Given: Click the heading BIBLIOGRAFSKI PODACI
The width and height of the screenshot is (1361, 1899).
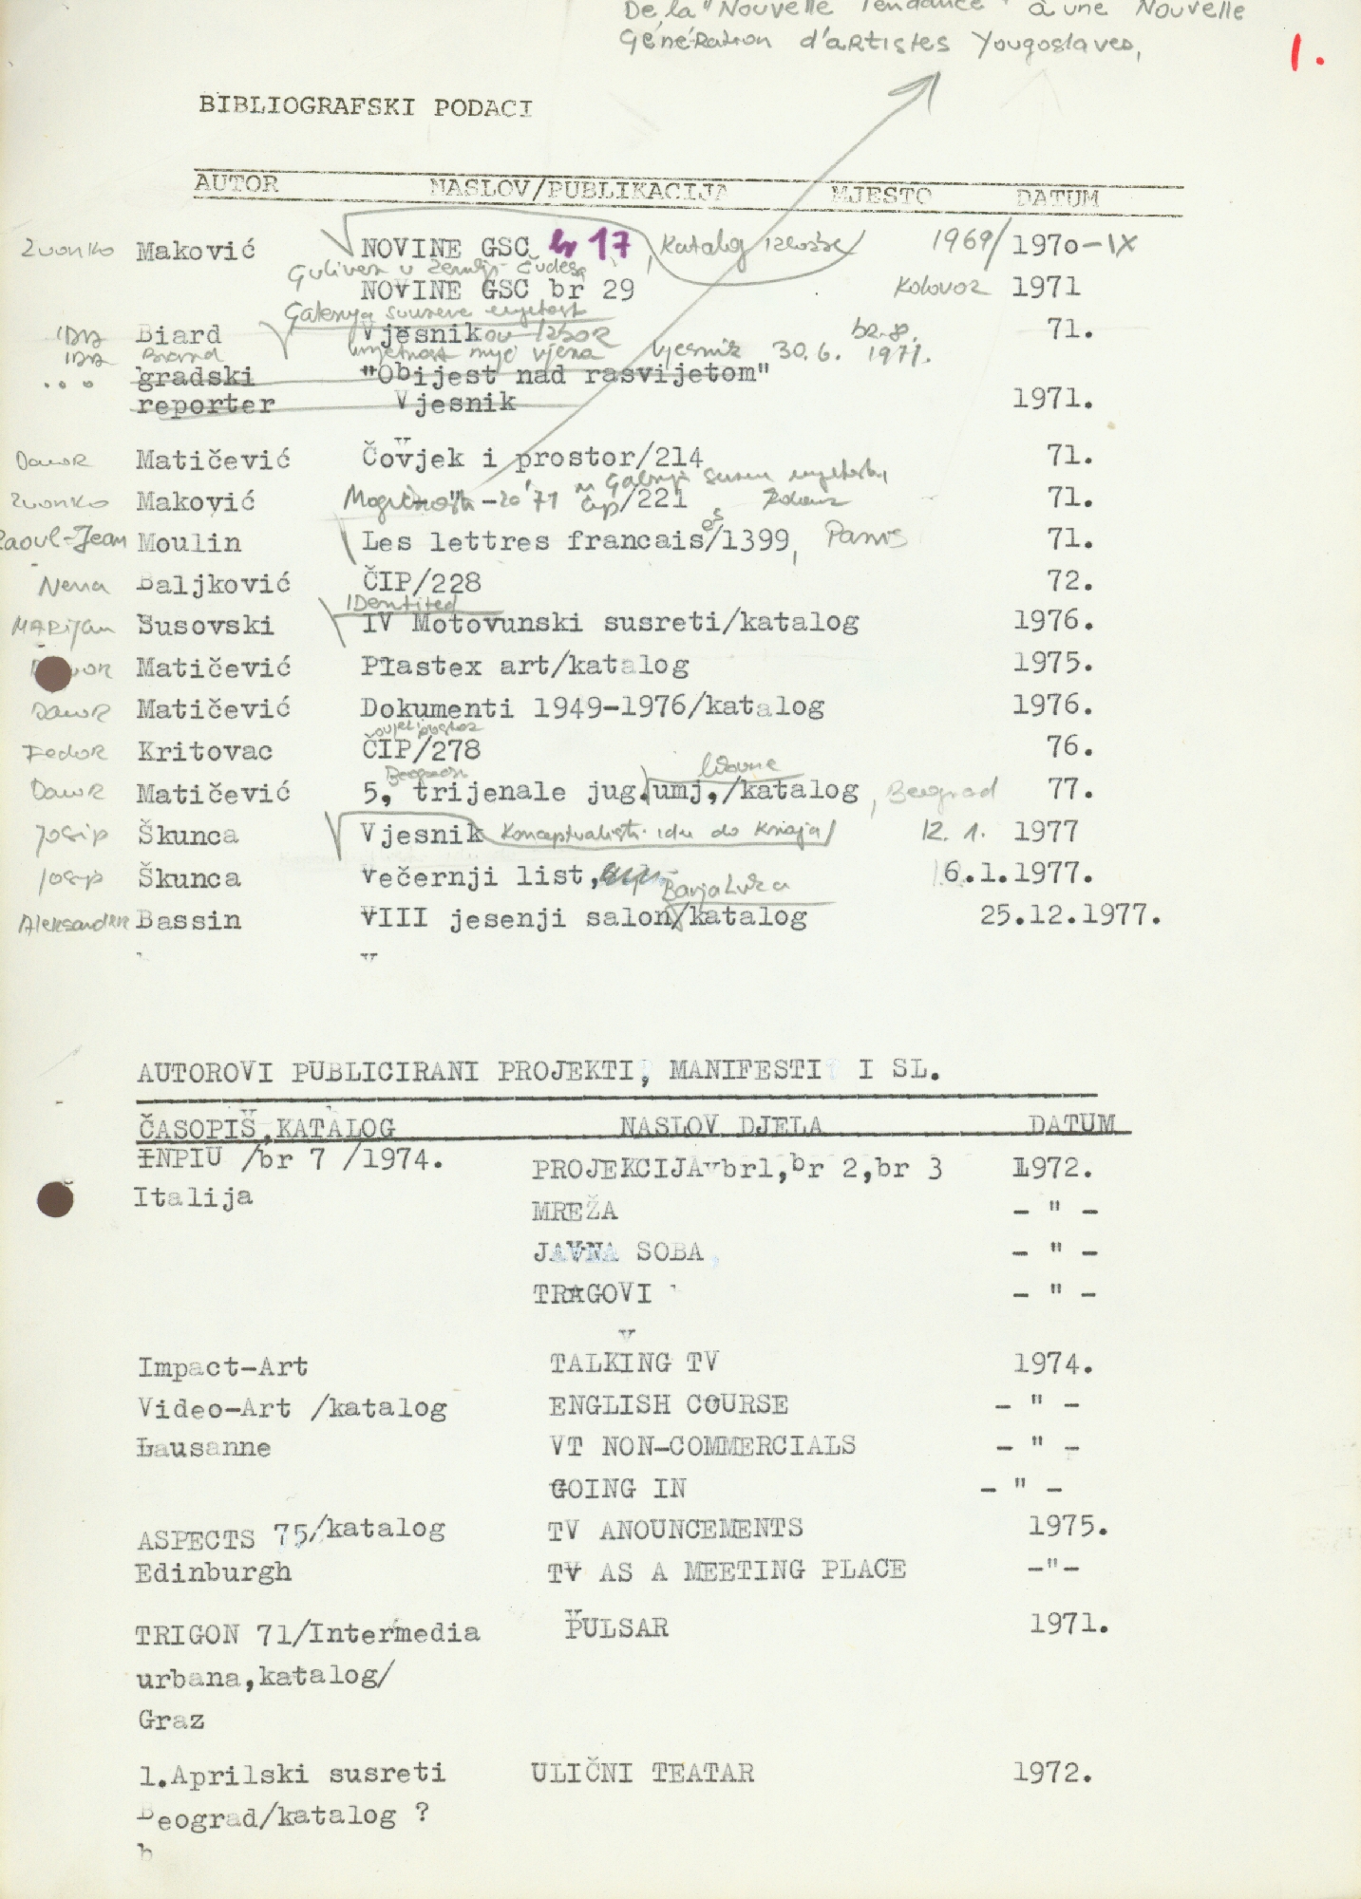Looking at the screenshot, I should [365, 106].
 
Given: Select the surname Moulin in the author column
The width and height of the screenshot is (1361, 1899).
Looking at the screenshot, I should [189, 543].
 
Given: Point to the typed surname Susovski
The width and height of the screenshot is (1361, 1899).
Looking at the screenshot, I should [205, 626].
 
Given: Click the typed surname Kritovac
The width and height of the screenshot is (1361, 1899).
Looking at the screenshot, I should [204, 752].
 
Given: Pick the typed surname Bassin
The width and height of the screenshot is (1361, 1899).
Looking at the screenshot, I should [188, 920].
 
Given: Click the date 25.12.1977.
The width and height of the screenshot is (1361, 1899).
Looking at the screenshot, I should [1069, 915].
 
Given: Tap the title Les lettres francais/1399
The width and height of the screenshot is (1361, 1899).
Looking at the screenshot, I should [575, 541].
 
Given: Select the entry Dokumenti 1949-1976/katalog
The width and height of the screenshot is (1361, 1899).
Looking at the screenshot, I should [592, 707].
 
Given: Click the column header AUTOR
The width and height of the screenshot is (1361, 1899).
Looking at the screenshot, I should [236, 183].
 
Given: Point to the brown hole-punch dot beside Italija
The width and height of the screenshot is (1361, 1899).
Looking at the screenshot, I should [55, 1199].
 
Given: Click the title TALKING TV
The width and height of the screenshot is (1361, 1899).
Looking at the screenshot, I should [633, 1363].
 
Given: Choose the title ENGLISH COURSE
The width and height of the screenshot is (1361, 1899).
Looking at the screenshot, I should [668, 1404].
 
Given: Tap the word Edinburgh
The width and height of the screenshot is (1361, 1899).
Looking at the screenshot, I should [213, 1572].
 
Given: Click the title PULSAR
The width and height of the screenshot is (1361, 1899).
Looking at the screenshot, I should [617, 1626].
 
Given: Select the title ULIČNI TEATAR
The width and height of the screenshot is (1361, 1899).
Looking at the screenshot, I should [642, 1773].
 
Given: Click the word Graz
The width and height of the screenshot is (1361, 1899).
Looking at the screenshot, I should [171, 1720].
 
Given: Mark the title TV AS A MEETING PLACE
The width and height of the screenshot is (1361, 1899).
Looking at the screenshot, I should [726, 1570].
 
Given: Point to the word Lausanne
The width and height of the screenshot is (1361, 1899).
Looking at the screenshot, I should [204, 1448].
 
